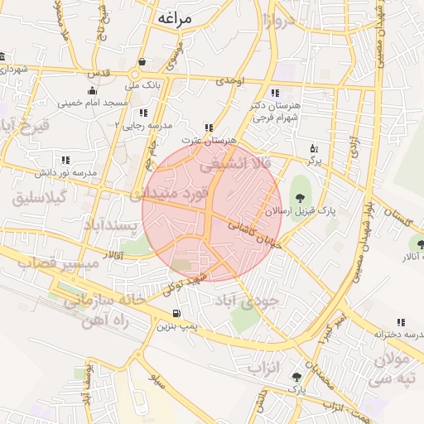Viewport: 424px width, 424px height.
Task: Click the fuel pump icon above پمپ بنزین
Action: point(176,313)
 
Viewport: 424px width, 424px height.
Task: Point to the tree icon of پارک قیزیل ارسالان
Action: point(300,197)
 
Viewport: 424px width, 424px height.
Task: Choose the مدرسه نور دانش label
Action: point(65,172)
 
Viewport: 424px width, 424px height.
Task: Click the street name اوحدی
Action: point(231,80)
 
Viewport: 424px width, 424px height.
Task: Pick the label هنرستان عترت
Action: point(207,141)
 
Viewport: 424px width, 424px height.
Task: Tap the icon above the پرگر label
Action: point(314,150)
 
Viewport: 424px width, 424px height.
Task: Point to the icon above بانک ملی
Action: point(142,62)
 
